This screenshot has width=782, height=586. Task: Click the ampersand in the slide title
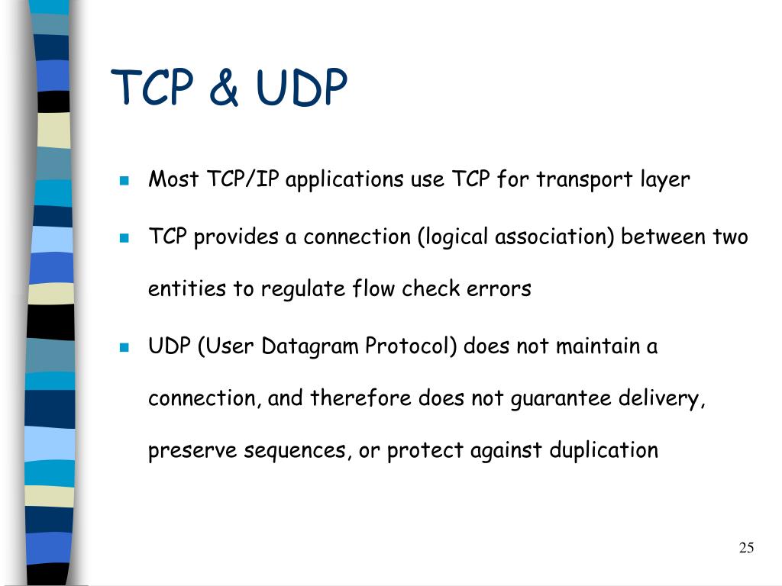tap(224, 88)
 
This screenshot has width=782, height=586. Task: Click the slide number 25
tap(747, 547)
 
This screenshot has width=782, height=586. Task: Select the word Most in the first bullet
tap(173, 179)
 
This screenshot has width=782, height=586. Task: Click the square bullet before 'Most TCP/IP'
tap(124, 181)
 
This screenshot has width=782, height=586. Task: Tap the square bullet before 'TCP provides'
tap(124, 237)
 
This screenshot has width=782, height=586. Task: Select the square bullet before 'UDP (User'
tap(124, 347)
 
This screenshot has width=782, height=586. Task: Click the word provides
tap(236, 238)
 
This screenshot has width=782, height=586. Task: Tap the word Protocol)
tap(410, 346)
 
